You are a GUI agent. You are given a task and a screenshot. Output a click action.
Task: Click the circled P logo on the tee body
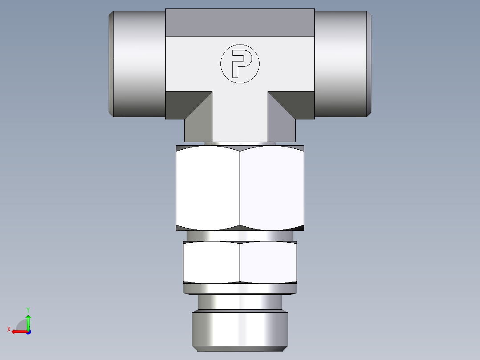[240, 64]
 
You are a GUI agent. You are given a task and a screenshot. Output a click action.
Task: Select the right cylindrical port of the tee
[342, 64]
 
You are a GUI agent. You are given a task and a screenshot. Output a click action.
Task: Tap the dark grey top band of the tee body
[240, 22]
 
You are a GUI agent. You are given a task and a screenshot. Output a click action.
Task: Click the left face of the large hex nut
[208, 188]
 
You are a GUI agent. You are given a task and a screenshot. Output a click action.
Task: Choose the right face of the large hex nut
[272, 188]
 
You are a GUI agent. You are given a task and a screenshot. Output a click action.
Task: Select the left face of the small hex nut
[212, 262]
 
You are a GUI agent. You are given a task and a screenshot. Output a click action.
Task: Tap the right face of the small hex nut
[268, 262]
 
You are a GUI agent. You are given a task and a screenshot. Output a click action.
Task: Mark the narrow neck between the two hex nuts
[240, 236]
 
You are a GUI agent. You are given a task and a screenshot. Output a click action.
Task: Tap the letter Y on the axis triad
[28, 309]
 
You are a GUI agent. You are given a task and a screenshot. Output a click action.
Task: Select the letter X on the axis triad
[8, 330]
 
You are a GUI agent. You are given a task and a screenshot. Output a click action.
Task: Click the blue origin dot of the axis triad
[28, 331]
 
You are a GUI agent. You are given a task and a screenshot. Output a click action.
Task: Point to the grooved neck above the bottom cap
[240, 303]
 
